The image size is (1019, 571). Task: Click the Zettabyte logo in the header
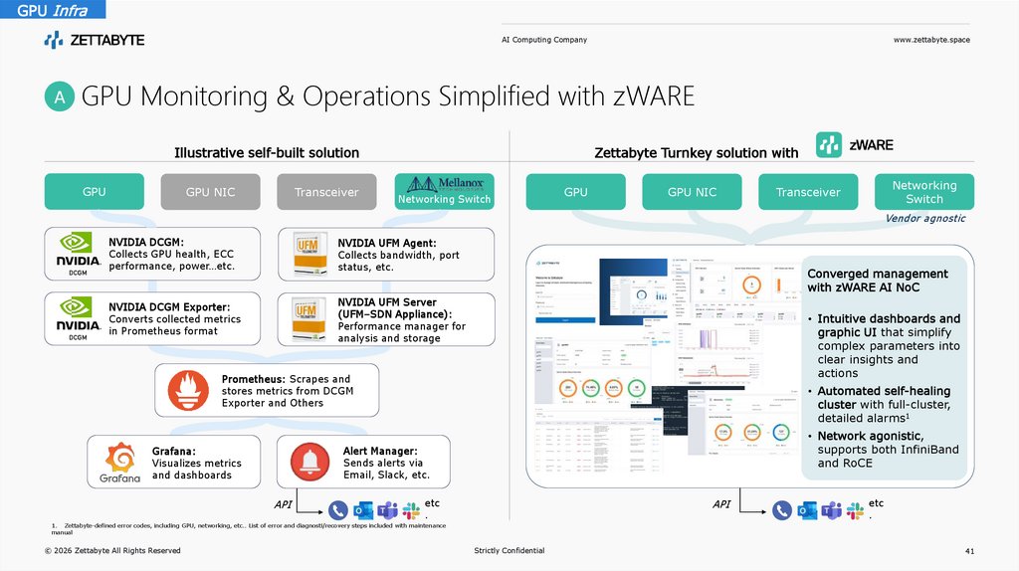95,40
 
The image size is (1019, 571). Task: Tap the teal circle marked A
60,97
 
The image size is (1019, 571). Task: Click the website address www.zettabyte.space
931,40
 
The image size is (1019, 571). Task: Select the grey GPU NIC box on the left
211,192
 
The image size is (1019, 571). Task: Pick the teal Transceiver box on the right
808,192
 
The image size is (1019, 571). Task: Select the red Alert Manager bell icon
310,460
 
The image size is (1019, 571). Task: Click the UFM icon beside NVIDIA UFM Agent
306,254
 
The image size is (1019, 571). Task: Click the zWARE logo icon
829,145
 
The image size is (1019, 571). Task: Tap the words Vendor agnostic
924,218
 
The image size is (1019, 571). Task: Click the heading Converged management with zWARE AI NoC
877,281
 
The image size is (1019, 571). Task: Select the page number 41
970,550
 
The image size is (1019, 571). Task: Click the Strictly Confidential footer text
509,550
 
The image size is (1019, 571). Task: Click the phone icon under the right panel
781,510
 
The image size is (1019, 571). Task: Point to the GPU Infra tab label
45,11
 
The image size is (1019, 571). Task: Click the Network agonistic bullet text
871,437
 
